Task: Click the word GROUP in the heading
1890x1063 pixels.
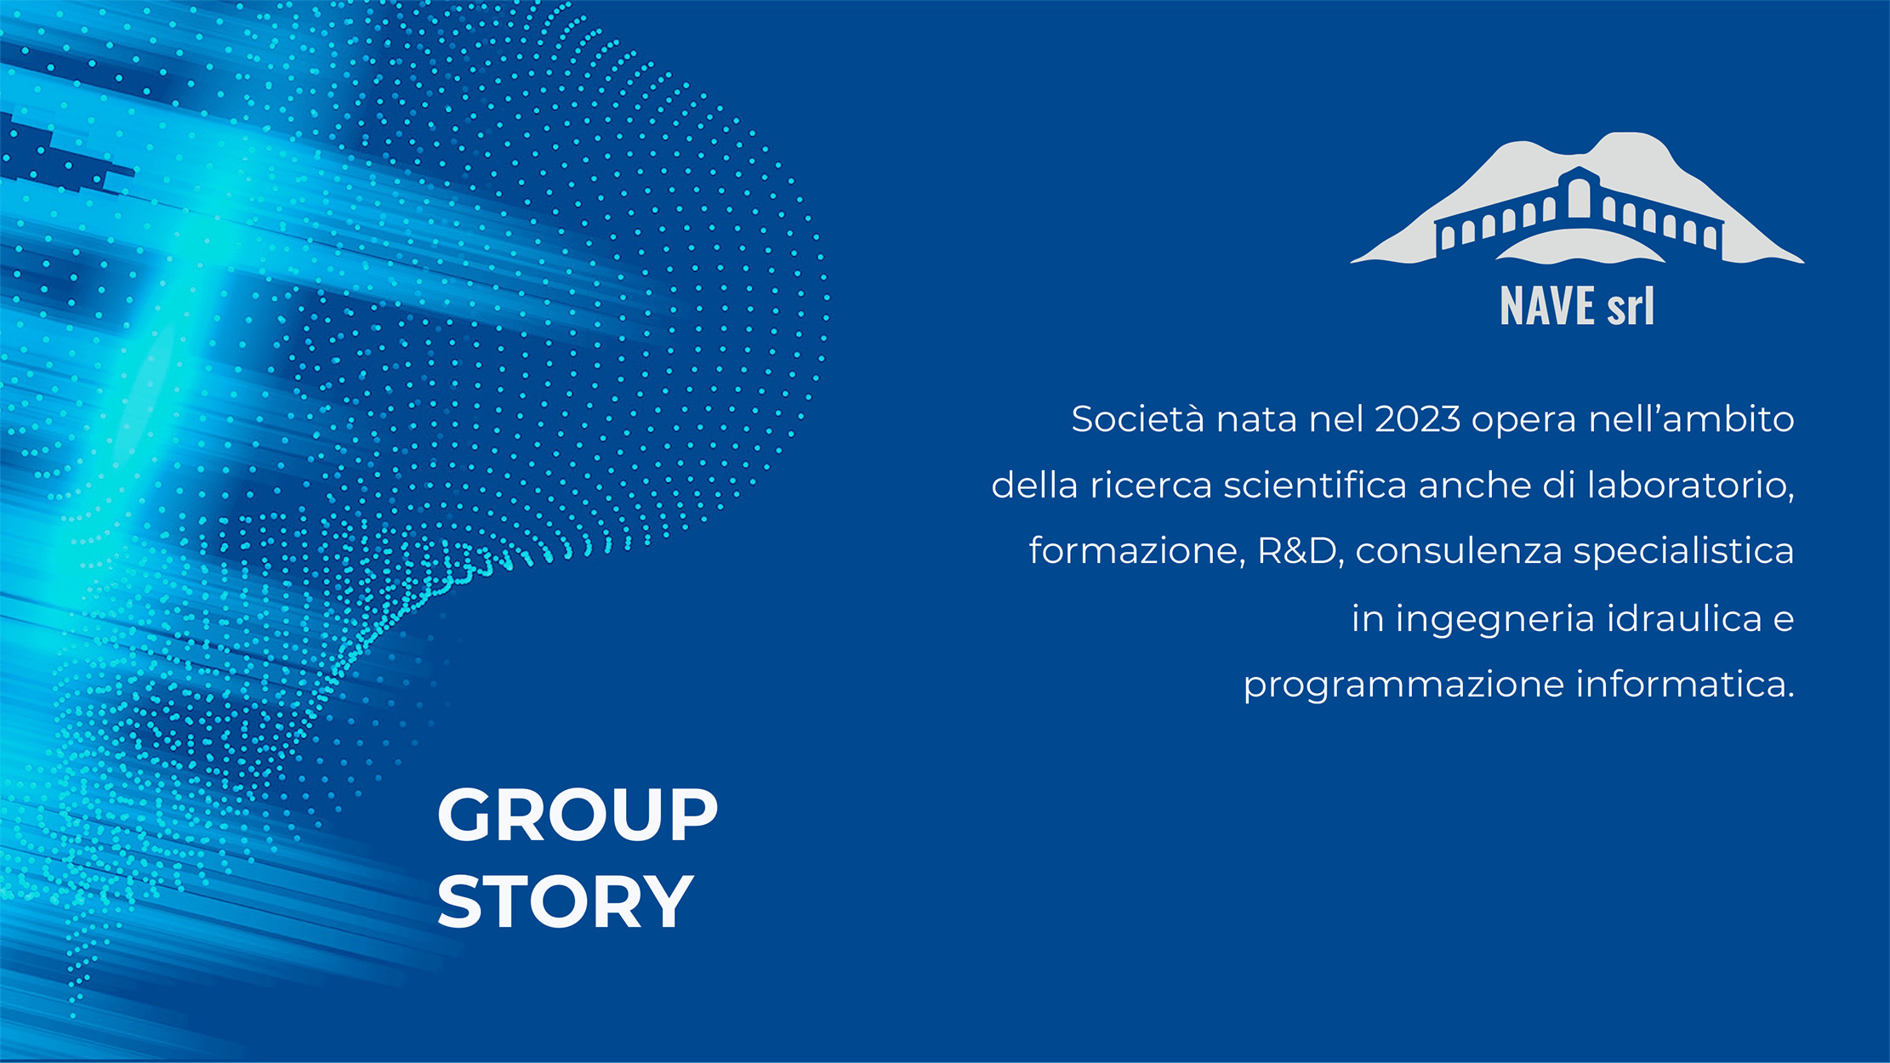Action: pos(578,815)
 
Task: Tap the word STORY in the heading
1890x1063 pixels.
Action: pos(565,901)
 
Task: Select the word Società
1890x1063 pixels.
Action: pos(1138,419)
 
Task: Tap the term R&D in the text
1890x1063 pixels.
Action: pos(1298,551)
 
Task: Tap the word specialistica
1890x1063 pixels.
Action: pos(1683,551)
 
